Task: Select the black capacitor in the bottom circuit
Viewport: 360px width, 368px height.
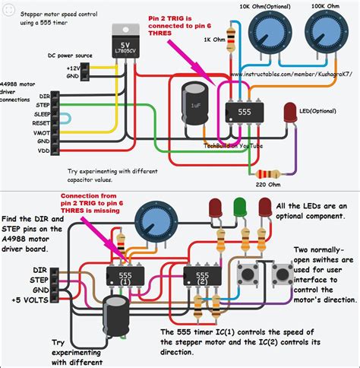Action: point(118,312)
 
